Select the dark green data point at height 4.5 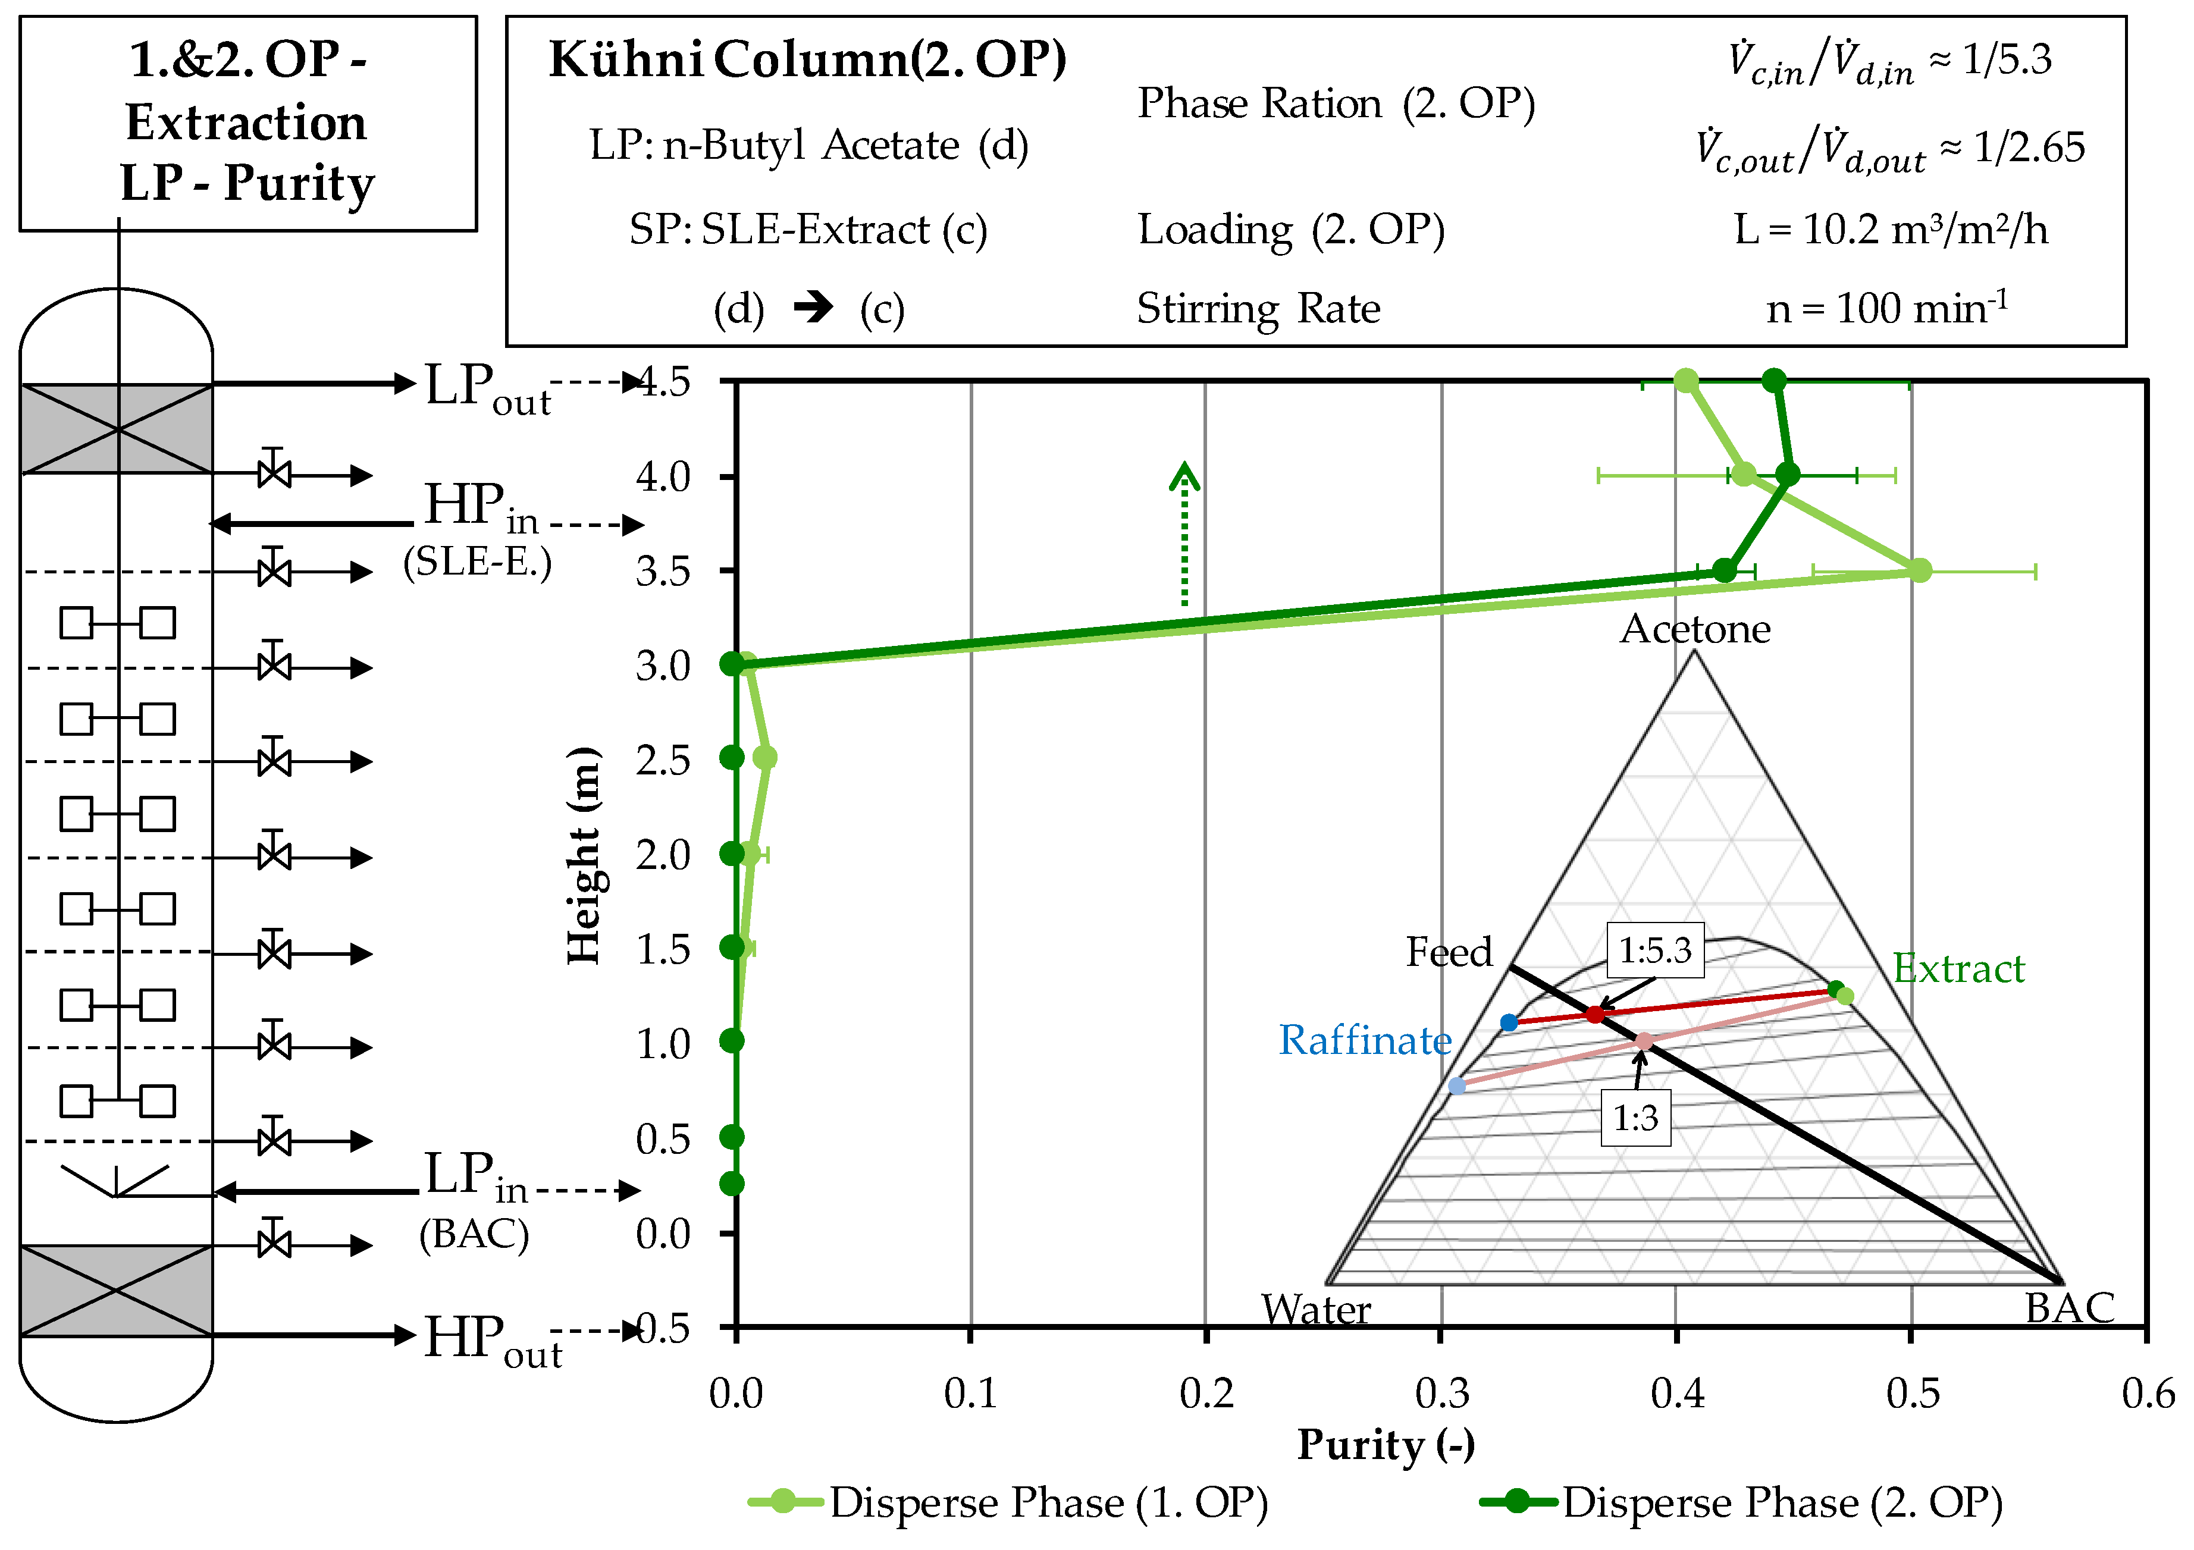pyautogui.click(x=1773, y=380)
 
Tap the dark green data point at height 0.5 pyautogui.click(x=732, y=1136)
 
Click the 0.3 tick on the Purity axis pyautogui.click(x=1441, y=1394)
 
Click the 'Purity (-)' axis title pyautogui.click(x=1386, y=1445)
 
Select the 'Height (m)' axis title pyautogui.click(x=584, y=855)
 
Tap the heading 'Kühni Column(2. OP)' pyautogui.click(x=807, y=59)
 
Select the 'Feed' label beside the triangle pyautogui.click(x=1448, y=952)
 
